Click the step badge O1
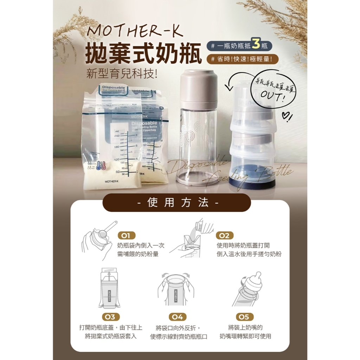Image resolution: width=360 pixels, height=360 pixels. pyautogui.click(x=127, y=236)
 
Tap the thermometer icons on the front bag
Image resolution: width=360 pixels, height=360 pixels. pyautogui.click(x=101, y=166)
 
